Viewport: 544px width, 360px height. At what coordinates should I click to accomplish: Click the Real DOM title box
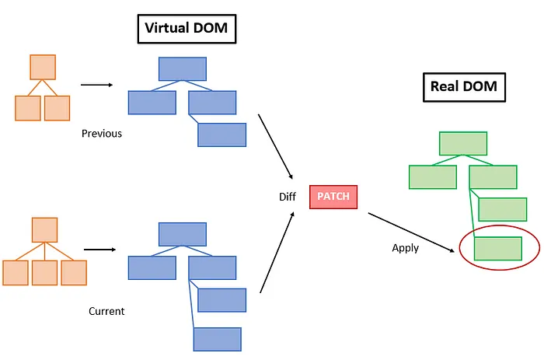[464, 87]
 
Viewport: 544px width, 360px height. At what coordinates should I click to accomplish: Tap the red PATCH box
[333, 197]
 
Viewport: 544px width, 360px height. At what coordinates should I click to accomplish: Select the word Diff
[288, 197]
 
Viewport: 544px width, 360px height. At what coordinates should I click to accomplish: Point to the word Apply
[405, 248]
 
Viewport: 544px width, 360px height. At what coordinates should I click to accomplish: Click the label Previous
[102, 133]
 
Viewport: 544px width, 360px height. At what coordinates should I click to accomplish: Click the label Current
[106, 311]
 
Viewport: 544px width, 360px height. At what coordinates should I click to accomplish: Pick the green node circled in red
[497, 248]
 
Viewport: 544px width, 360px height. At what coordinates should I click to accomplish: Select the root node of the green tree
[463, 144]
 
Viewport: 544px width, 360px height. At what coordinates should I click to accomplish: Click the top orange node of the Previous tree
[44, 67]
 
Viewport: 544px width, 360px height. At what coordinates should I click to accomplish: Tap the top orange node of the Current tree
[44, 230]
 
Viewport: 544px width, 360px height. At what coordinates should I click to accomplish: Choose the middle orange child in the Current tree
[44, 272]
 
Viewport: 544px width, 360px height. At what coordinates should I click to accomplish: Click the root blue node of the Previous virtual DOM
[183, 68]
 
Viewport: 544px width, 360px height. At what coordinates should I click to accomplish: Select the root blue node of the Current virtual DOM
[183, 234]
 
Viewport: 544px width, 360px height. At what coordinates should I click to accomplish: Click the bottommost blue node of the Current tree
[217, 339]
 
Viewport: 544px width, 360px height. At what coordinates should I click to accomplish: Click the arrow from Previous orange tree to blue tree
[96, 86]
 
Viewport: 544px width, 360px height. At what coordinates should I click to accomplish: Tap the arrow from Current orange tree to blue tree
[99, 250]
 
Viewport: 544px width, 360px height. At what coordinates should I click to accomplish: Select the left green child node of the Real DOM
[432, 177]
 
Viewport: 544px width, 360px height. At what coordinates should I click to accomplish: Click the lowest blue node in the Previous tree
[221, 135]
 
